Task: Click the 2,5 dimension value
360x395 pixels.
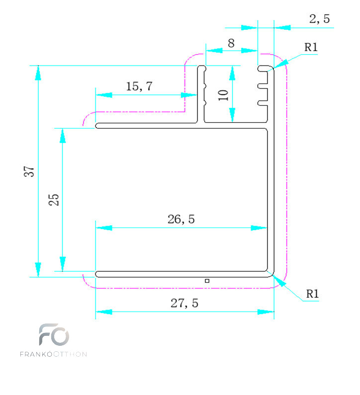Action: [x=319, y=19]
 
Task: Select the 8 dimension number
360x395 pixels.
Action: [x=231, y=43]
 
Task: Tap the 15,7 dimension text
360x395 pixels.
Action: [x=139, y=86]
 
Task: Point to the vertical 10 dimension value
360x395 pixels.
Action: [x=223, y=95]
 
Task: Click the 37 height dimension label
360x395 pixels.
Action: [x=29, y=171]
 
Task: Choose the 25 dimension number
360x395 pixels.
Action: [x=54, y=200]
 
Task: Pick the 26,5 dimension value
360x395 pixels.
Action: [x=181, y=219]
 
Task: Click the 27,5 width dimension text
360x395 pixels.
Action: [x=184, y=303]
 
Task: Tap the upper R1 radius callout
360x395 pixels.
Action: [x=311, y=47]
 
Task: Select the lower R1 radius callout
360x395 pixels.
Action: [x=312, y=294]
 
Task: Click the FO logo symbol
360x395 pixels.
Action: [x=54, y=334]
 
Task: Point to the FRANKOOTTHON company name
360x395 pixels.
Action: [x=53, y=354]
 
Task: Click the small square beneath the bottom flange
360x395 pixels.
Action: [x=207, y=281]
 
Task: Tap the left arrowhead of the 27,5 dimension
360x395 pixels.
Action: [x=104, y=312]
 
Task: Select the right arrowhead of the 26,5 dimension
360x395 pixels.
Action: [x=259, y=228]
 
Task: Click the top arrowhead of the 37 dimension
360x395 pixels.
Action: [x=38, y=73]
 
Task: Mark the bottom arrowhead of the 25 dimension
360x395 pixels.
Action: [x=63, y=264]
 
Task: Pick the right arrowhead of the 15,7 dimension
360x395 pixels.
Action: [x=189, y=95]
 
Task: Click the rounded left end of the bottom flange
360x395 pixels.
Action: [x=97, y=274]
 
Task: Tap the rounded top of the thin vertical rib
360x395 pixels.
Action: [x=201, y=67]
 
